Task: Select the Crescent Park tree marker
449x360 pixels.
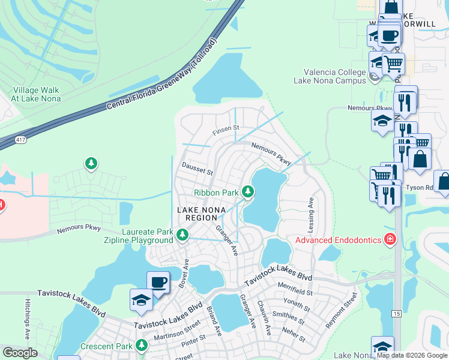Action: point(141,346)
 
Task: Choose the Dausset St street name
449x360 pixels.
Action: point(197,170)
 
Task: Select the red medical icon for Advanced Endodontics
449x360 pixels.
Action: point(390,240)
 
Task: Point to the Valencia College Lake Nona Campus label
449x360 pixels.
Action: point(330,76)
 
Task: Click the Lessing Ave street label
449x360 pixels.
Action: point(311,211)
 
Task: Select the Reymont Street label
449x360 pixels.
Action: point(346,310)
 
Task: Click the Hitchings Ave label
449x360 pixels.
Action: point(28,319)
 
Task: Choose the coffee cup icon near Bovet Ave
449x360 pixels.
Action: point(158,282)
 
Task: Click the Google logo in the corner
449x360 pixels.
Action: point(20,353)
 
